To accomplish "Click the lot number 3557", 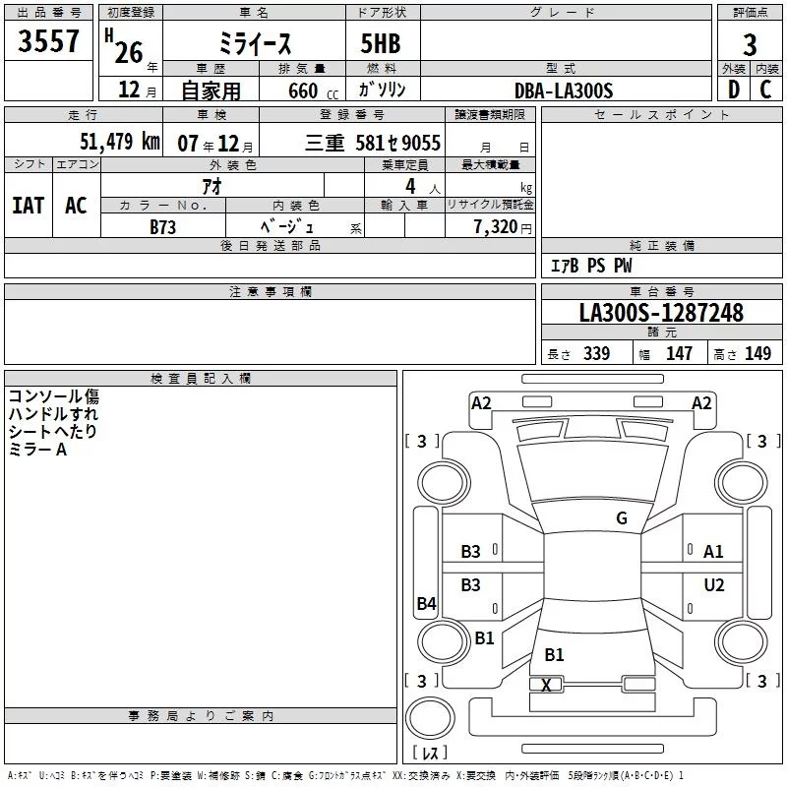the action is pyautogui.click(x=48, y=40).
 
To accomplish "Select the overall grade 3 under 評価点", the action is pyautogui.click(x=750, y=45).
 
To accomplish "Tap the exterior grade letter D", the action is pyautogui.click(x=734, y=90).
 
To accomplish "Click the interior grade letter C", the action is pyautogui.click(x=765, y=90).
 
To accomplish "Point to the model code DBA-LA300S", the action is pyautogui.click(x=564, y=91).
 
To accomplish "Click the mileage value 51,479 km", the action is pyautogui.click(x=120, y=142).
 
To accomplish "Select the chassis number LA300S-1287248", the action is pyautogui.click(x=661, y=313).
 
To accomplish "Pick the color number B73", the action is pyautogui.click(x=162, y=227).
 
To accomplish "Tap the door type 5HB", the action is pyautogui.click(x=381, y=43).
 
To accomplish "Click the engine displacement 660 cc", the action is pyautogui.click(x=313, y=91).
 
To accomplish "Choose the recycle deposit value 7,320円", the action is pyautogui.click(x=503, y=227).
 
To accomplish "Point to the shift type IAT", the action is pyautogui.click(x=29, y=206).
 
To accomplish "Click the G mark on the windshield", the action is pyautogui.click(x=622, y=517).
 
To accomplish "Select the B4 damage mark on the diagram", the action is pyautogui.click(x=427, y=603).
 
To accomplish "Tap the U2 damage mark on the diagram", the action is pyautogui.click(x=714, y=584).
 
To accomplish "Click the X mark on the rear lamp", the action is pyautogui.click(x=546, y=685).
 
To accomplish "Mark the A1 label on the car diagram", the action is pyautogui.click(x=712, y=552).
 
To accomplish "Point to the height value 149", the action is pyautogui.click(x=757, y=353).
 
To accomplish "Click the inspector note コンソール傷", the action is pyautogui.click(x=54, y=396).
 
